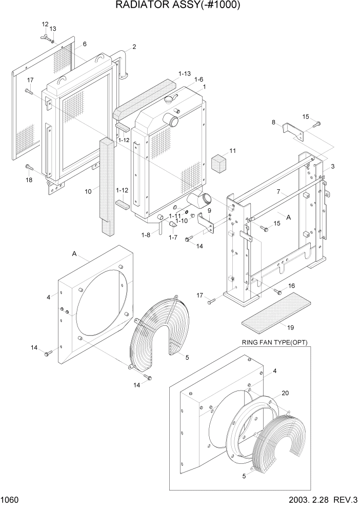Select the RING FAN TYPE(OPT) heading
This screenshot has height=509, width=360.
point(274,343)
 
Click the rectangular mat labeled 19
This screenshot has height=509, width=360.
point(275,310)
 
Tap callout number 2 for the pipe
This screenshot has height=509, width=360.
point(134,47)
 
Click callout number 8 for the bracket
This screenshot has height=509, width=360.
point(274,122)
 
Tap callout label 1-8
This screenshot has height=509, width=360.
point(146,234)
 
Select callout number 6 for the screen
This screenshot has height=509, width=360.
point(85,44)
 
